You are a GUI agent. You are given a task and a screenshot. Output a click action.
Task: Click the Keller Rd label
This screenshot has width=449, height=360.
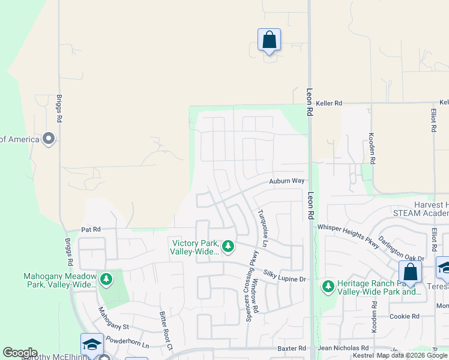pyautogui.click(x=330, y=103)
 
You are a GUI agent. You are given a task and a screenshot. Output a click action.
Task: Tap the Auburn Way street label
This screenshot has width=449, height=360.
pyautogui.click(x=287, y=181)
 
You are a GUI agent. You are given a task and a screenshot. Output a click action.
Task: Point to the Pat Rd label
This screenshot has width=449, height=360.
pyautogui.click(x=91, y=229)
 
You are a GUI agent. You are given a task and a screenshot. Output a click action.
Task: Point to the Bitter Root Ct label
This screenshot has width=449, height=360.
pyautogui.click(x=166, y=330)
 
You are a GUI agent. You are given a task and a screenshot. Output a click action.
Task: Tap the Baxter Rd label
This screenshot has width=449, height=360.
pyautogui.click(x=292, y=348)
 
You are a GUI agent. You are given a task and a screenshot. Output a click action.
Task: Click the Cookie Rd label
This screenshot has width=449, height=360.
pyautogui.click(x=404, y=316)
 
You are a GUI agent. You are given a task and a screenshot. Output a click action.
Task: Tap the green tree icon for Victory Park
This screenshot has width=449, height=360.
pyautogui.click(x=228, y=246)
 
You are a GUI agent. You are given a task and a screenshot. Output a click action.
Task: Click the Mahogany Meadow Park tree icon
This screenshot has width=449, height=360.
pyautogui.click(x=106, y=279)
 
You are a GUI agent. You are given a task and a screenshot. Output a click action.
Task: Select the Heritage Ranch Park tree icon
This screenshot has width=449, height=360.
pyautogui.click(x=328, y=286)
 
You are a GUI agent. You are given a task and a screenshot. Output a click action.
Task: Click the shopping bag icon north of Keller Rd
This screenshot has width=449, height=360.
pyautogui.click(x=270, y=40)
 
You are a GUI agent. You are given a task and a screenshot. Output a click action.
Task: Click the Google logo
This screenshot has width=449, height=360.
pyautogui.click(x=20, y=353)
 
